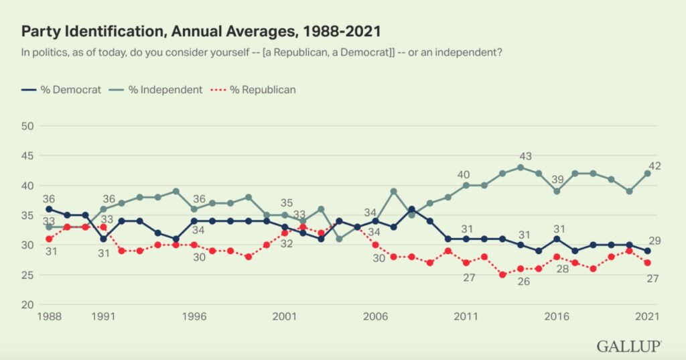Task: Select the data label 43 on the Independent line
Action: (526, 156)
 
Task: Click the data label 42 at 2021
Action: (655, 166)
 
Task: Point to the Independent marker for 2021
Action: (646, 173)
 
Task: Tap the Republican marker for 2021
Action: (646, 263)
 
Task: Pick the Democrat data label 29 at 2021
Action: (655, 240)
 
